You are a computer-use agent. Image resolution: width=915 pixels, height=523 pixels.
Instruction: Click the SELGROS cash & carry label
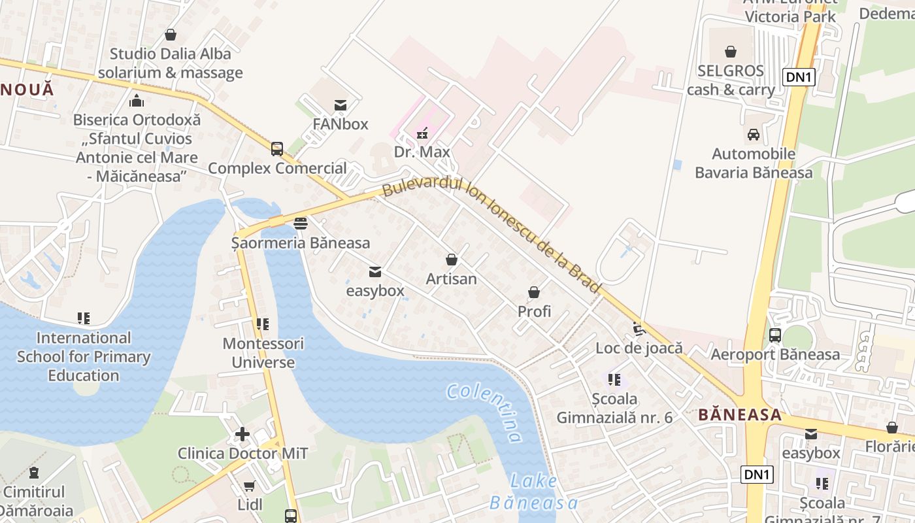731,80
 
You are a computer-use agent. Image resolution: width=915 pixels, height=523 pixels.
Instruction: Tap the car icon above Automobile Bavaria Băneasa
754,135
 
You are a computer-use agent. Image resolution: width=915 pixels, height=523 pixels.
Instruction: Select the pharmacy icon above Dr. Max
422,133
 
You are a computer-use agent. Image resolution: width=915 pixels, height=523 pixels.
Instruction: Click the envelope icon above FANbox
340,105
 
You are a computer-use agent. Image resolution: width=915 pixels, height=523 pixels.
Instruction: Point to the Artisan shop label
452,279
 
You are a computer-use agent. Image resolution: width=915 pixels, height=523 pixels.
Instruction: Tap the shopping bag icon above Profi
534,292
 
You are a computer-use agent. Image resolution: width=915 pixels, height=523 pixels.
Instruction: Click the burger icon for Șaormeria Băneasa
301,224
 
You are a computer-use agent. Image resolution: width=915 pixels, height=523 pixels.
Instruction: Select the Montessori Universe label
263,353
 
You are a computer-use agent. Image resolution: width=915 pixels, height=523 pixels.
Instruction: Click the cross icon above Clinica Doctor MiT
242,434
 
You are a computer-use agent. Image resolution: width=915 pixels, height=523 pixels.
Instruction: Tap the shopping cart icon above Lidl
249,486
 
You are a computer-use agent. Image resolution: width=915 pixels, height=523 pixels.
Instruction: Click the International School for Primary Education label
84,356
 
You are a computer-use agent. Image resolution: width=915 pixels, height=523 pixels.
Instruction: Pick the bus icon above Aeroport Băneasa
775,335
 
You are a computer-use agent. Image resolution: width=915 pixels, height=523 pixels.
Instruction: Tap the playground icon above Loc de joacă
639,329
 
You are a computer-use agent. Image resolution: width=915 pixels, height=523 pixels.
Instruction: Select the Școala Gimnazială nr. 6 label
614,408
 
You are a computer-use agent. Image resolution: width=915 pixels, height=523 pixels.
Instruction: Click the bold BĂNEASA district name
740,414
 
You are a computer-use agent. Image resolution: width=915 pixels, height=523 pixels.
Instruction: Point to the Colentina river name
484,412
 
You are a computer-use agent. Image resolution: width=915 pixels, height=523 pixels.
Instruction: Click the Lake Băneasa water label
534,492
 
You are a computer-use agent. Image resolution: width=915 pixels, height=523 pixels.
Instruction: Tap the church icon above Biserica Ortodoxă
137,101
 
